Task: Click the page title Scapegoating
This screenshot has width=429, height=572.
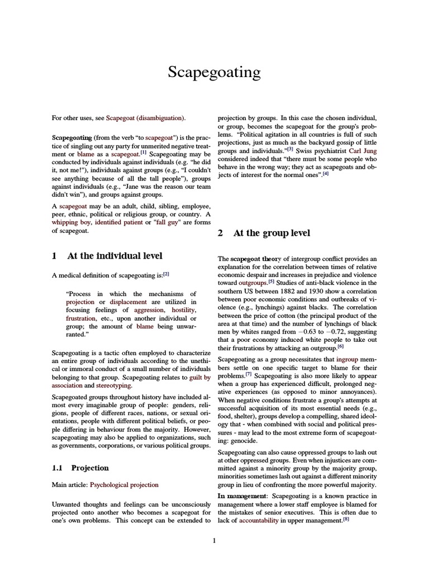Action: pos(214,73)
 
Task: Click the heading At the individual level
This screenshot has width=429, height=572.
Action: pos(115,256)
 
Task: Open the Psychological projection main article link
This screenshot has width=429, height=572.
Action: pos(124,485)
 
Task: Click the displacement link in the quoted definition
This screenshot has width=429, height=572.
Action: pos(128,302)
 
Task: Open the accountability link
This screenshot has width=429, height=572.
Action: pos(261,521)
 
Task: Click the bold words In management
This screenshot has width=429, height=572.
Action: pos(237,496)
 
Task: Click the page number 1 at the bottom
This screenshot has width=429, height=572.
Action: pos(214,540)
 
